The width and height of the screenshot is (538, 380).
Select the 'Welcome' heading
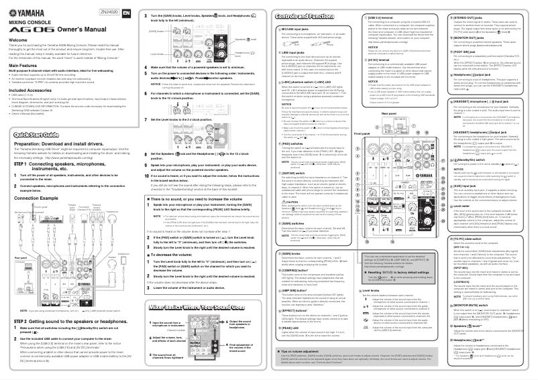point(19,40)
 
